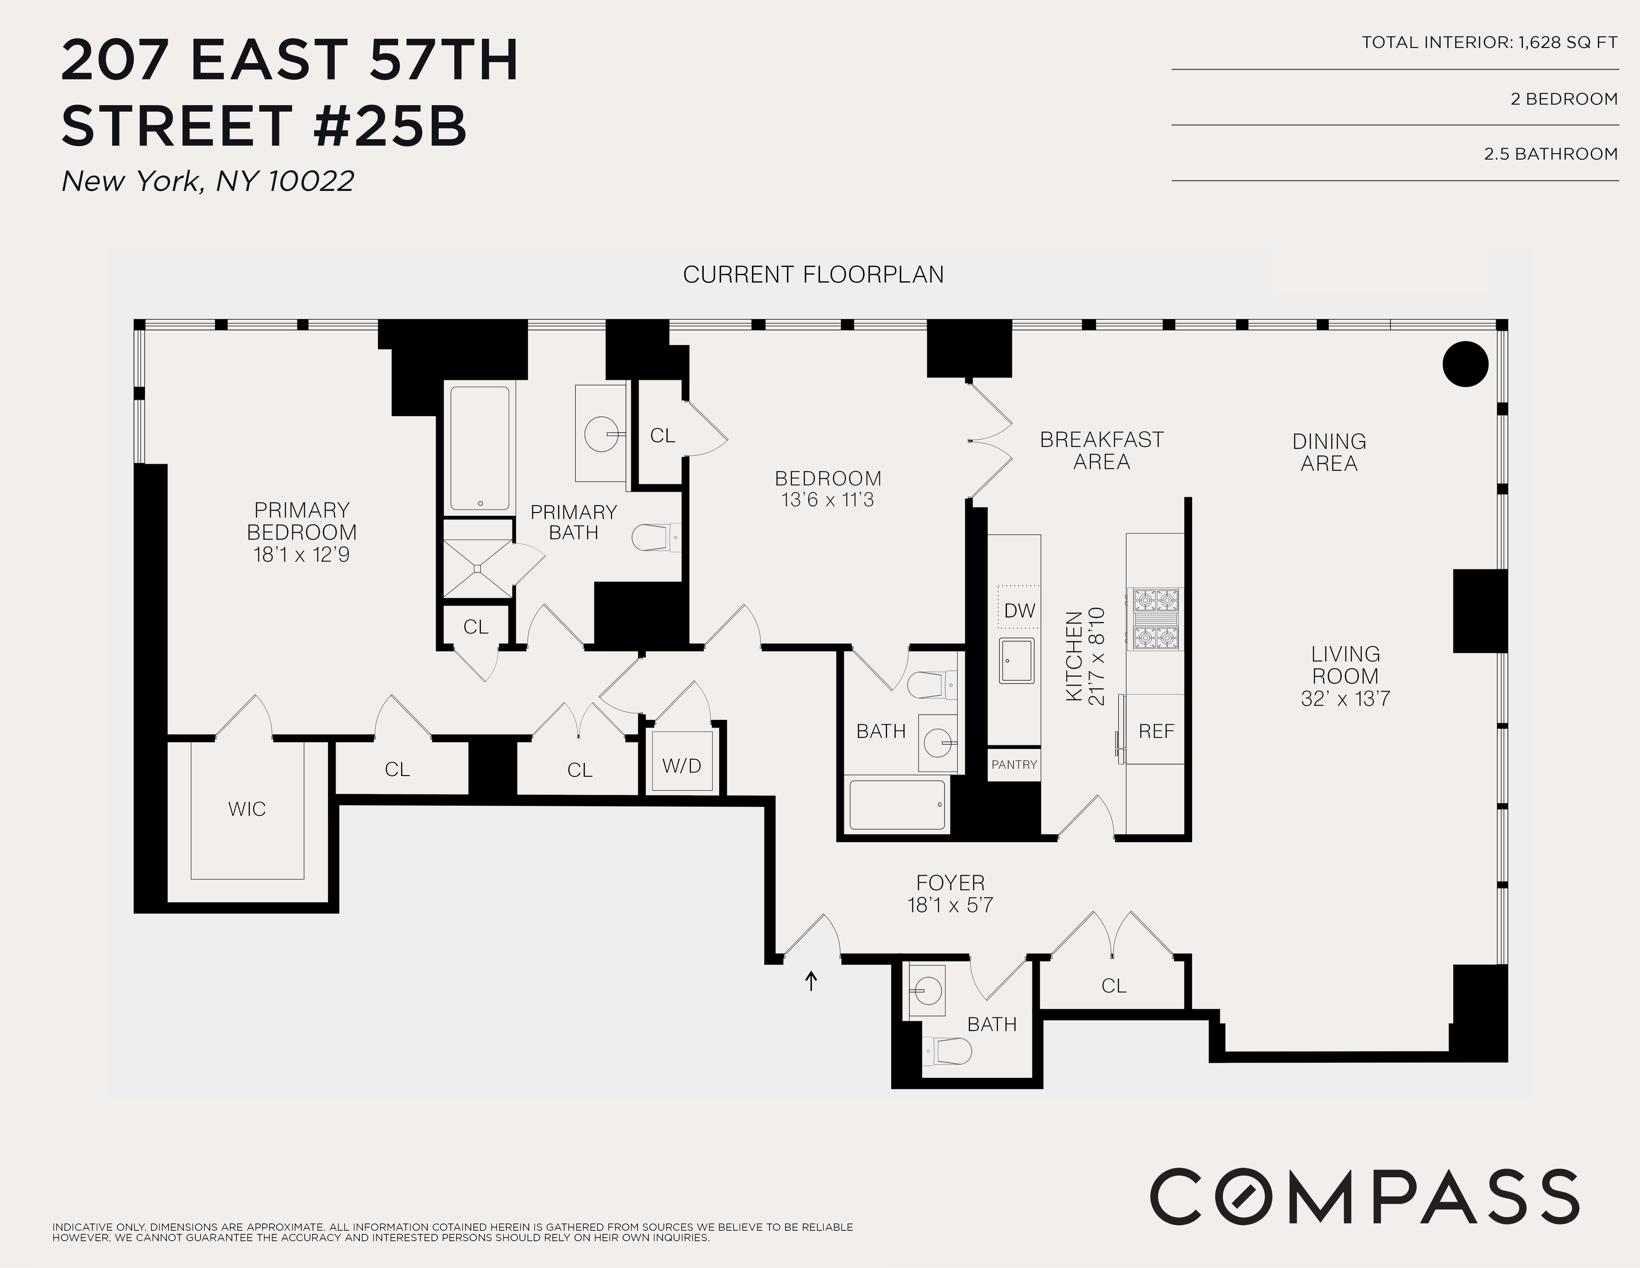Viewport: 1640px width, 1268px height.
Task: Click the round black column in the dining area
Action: point(1465,364)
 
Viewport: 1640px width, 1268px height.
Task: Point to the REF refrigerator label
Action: point(1156,731)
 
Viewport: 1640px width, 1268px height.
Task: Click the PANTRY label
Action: point(1014,764)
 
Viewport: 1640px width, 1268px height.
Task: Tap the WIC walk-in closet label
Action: point(247,809)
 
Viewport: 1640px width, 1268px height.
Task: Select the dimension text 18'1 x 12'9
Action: point(301,555)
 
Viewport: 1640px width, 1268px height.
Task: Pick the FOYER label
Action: point(950,883)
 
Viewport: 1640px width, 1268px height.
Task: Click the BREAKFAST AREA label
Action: point(1101,450)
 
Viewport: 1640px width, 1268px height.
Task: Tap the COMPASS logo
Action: point(1364,1196)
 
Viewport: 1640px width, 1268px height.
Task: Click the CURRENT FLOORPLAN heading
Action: point(813,275)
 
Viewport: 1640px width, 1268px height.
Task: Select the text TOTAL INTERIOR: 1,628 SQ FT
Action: point(1489,43)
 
